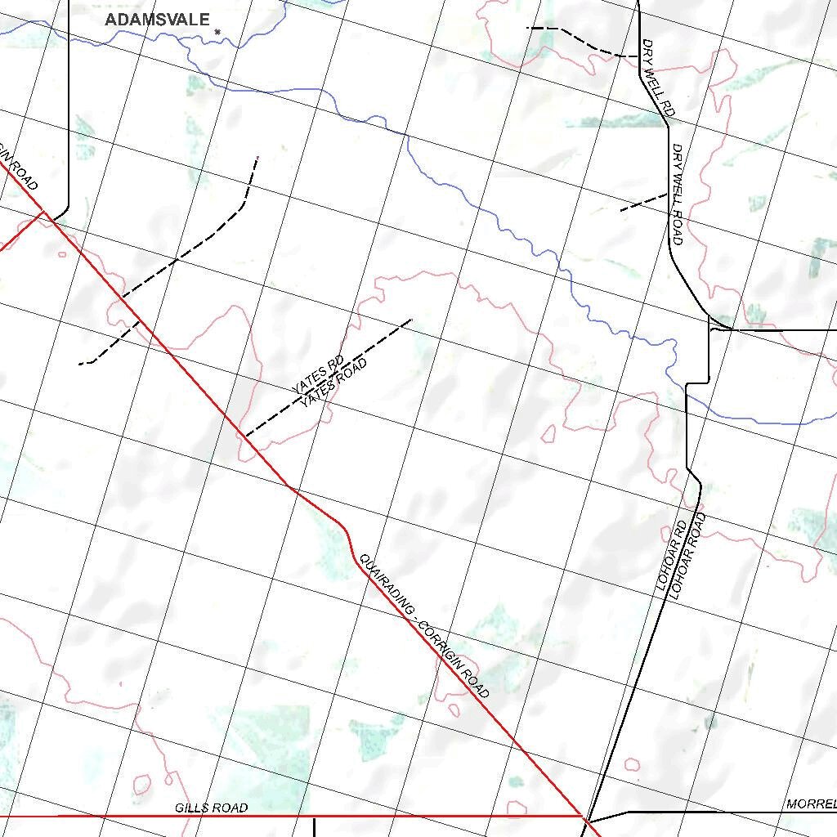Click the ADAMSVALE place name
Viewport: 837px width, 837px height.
[x=158, y=20]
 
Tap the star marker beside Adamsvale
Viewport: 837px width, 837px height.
[x=217, y=32]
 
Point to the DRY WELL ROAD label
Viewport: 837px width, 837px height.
[x=677, y=195]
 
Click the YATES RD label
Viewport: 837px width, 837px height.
[x=317, y=374]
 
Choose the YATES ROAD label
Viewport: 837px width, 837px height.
[x=333, y=382]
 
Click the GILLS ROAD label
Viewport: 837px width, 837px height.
[x=211, y=808]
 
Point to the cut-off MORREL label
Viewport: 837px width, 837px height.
[x=811, y=804]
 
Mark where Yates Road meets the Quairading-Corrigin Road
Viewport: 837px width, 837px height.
[x=244, y=436]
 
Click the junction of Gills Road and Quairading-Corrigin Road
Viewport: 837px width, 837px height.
[x=584, y=815]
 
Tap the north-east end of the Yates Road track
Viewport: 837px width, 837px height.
[x=411, y=319]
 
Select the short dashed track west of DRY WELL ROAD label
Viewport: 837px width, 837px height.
[x=643, y=202]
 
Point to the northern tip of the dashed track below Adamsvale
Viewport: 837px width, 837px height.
[x=257, y=157]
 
